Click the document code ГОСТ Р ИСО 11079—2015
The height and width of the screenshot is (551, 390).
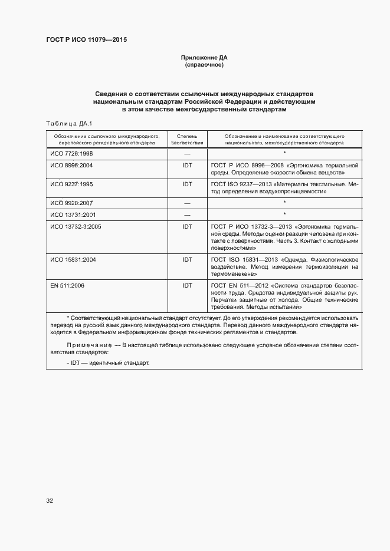86,40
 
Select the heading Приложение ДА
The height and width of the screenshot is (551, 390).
204,58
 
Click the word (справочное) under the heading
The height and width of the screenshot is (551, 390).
204,65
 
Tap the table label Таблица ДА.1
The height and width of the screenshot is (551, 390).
65,123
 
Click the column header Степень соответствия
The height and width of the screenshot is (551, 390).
187,139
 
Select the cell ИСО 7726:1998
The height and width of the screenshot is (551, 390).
71,153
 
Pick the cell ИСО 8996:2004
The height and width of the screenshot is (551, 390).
71,166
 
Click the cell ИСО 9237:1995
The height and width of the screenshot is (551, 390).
71,184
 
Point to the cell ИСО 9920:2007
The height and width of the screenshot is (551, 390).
71,202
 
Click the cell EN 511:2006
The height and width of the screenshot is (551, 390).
68,285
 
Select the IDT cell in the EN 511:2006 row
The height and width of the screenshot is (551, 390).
187,285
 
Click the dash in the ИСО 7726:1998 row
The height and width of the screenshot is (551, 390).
187,153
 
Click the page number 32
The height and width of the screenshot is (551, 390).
50,501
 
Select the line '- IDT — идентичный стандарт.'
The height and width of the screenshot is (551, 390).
108,362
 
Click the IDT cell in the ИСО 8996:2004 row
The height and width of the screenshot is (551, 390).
187,166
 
